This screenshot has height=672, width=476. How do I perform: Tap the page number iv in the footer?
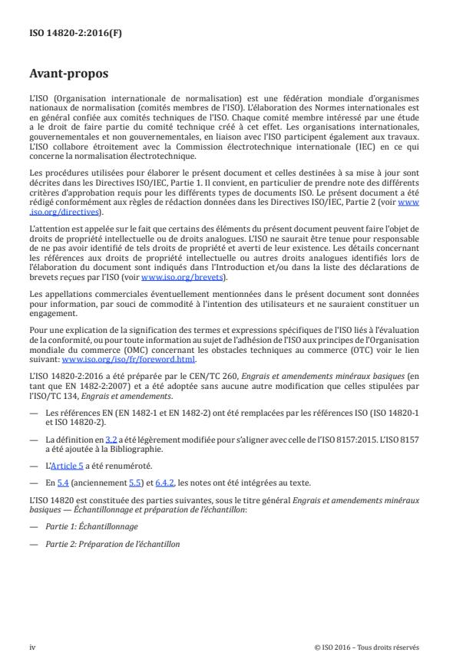pyautogui.click(x=32, y=647)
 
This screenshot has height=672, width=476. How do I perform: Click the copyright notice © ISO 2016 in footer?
pyautogui.click(x=367, y=647)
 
